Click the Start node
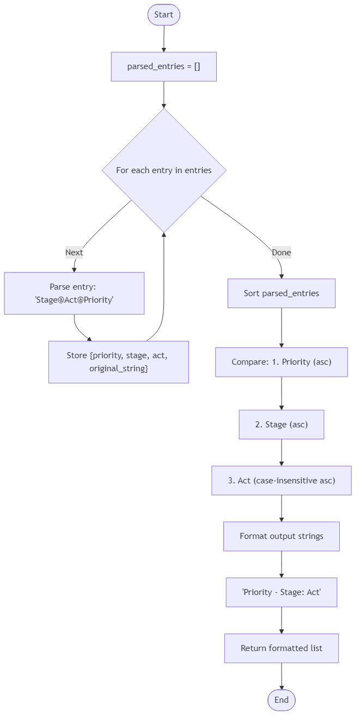(x=163, y=15)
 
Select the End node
(x=281, y=700)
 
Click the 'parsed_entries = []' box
(x=164, y=66)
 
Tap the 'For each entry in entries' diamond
(x=164, y=170)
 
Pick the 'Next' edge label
(x=74, y=252)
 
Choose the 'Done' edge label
(x=281, y=252)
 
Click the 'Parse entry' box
(x=74, y=293)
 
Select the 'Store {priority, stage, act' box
(x=118, y=362)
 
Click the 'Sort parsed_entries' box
(x=281, y=293)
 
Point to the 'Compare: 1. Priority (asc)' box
(x=281, y=362)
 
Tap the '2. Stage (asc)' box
(x=281, y=425)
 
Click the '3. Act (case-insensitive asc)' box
(x=281, y=480)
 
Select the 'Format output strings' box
(x=281, y=536)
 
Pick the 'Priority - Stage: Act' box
(x=281, y=592)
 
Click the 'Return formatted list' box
(x=281, y=648)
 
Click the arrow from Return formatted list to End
(x=282, y=676)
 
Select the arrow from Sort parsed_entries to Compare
(x=282, y=328)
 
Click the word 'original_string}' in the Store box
(x=119, y=369)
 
